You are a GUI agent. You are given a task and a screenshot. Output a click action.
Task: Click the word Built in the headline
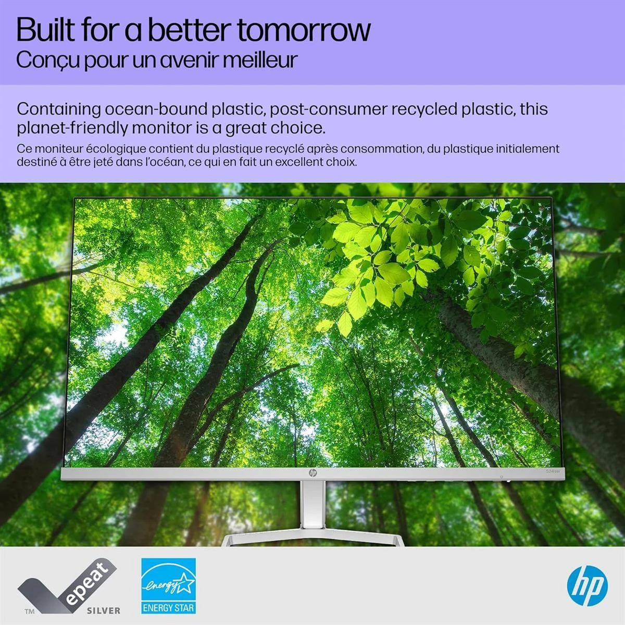coord(46,30)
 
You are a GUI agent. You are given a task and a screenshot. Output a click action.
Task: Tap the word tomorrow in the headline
coord(304,30)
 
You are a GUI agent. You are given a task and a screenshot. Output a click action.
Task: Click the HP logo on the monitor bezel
coord(312,473)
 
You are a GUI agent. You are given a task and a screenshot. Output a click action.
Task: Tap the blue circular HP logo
coord(587,586)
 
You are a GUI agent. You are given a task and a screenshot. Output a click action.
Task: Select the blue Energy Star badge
coord(169,585)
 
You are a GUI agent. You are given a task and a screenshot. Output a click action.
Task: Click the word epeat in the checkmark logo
coord(89,584)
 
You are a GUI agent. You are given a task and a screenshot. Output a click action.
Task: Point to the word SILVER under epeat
coord(104,610)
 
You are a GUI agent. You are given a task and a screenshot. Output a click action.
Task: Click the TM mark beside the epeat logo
coord(30,611)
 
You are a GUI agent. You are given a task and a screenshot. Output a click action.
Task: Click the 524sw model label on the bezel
coord(553,471)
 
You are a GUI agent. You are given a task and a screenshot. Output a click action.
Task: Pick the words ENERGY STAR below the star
coord(169,608)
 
